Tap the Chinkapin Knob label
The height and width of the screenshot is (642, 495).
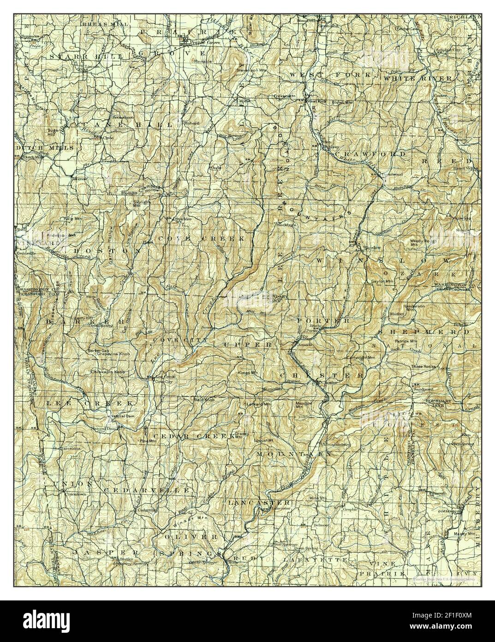[x=107, y=371]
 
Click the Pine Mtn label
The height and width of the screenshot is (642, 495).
[x=147, y=441]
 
